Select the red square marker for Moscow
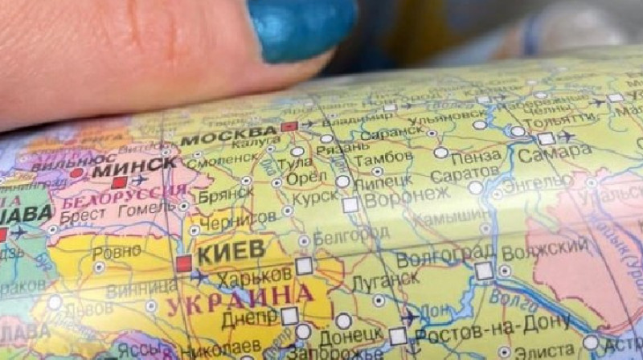coord(289,127)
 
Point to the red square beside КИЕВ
coord(184,263)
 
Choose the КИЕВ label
coord(231,252)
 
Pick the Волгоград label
coord(435,258)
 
